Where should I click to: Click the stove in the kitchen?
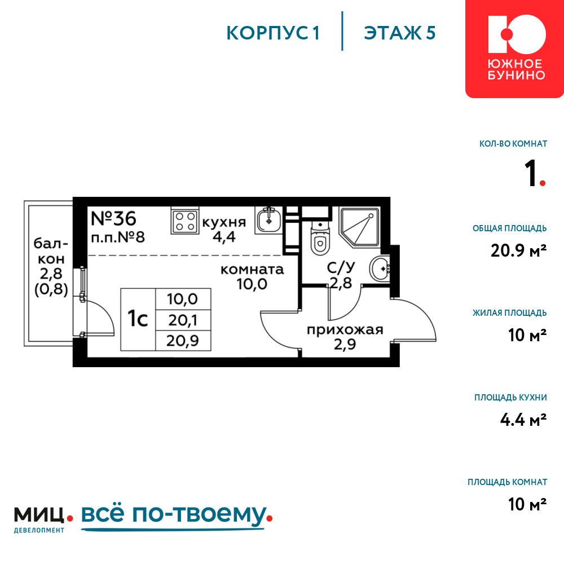tap(185, 221)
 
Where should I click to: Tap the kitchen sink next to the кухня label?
tap(268, 220)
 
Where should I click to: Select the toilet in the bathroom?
tap(320, 238)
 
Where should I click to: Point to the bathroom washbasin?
tap(380, 268)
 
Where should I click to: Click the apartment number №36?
tap(113, 218)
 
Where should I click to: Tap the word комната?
tap(252, 270)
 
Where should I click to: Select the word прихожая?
tap(345, 330)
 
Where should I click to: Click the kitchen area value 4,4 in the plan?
tap(224, 237)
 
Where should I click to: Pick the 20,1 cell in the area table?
tap(183, 320)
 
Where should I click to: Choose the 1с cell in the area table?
tap(138, 319)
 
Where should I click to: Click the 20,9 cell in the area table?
tap(183, 341)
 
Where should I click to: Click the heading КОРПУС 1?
tap(273, 33)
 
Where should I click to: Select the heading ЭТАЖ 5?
tap(400, 33)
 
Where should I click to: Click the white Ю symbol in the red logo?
tap(517, 34)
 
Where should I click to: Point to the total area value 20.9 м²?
tap(519, 250)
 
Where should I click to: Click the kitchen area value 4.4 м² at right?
tap(523, 420)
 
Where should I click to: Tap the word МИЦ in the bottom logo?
tap(39, 515)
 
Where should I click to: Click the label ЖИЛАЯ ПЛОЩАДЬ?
tap(509, 313)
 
